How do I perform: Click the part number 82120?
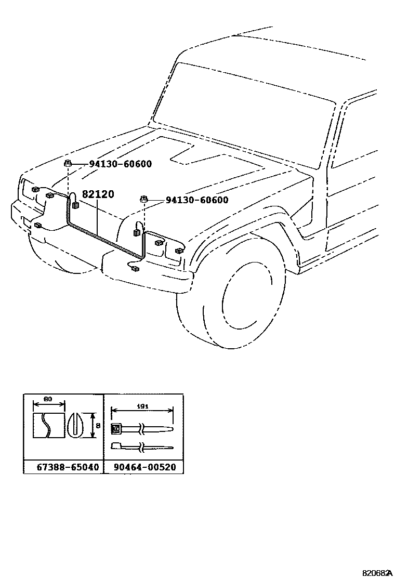coord(98,194)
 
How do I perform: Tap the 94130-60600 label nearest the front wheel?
coord(196,200)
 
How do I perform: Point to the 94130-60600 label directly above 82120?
coord(120,164)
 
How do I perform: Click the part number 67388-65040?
coord(68,467)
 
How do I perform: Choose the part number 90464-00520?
coord(144,467)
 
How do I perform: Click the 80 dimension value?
coord(48,399)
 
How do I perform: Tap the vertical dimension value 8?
coord(97,425)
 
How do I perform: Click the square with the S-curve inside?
coord(48,425)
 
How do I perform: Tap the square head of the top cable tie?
coord(116,429)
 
